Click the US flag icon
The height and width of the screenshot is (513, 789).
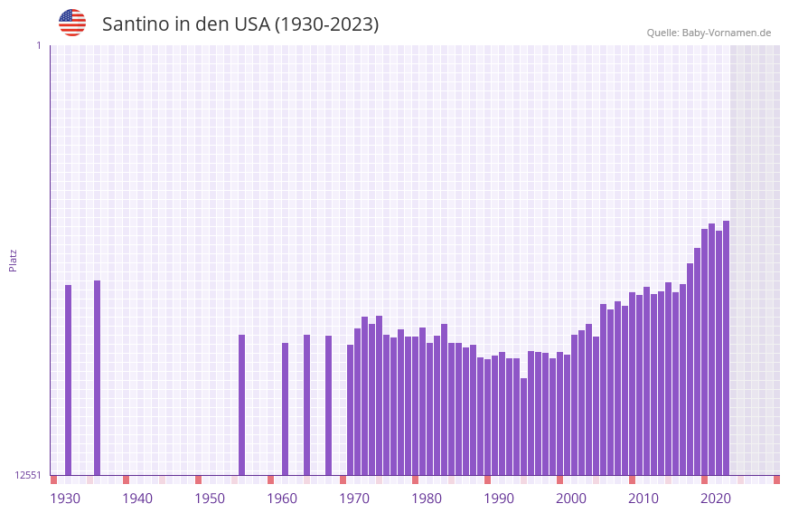[x=72, y=23]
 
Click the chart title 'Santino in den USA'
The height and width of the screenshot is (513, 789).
[x=240, y=24]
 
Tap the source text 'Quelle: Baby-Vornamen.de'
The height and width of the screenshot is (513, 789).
[x=709, y=33]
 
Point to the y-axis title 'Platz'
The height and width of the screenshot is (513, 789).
[x=13, y=260]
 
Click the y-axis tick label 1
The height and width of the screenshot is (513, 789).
[x=38, y=45]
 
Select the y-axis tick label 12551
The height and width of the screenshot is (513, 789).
[x=28, y=475]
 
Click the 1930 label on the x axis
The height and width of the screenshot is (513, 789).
[x=65, y=499]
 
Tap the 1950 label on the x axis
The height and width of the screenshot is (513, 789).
[x=210, y=499]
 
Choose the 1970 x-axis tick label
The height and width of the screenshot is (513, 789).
[x=354, y=499]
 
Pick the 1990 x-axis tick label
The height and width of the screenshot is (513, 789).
[x=499, y=499]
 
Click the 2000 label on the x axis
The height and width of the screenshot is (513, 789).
[x=571, y=499]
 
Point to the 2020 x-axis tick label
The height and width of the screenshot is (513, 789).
[x=716, y=499]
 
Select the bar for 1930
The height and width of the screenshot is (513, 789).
[x=68, y=380]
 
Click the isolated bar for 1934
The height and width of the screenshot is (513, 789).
[x=97, y=377]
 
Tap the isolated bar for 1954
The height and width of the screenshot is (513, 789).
[x=241, y=404]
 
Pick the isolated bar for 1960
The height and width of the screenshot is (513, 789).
[x=285, y=409]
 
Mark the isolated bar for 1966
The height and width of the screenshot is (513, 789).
[x=328, y=405]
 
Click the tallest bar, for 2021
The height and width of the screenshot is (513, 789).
[x=726, y=348]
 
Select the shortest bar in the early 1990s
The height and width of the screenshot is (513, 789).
[x=523, y=426]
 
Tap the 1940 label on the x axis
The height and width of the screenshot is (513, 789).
[x=137, y=499]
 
